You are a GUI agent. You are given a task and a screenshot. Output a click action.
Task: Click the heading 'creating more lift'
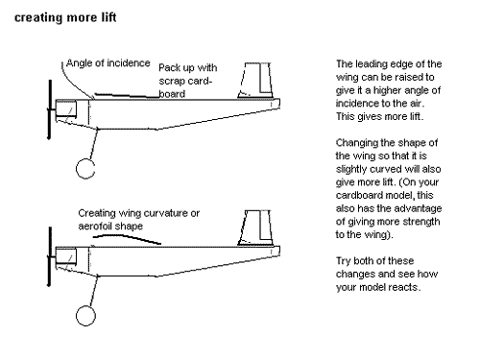pos(65,17)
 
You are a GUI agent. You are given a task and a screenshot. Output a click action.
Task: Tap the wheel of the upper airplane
pos(77,169)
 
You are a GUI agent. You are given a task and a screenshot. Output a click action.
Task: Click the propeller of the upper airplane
pos(50,109)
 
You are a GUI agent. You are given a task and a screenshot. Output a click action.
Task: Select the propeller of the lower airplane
pos(50,257)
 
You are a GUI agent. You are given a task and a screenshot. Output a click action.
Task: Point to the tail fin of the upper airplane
pos(255,80)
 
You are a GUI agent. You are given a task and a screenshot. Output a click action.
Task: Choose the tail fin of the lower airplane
pos(255,228)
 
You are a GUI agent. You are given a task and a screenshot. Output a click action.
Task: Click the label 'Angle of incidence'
pos(108,63)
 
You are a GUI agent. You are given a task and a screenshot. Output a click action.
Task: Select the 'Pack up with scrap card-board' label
pos(188,81)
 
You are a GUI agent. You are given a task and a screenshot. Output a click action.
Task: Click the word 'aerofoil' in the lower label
pos(96,226)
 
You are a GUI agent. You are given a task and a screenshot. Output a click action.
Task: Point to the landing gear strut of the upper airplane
pos(94,144)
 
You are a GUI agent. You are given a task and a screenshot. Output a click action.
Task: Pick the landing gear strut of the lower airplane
pos(94,292)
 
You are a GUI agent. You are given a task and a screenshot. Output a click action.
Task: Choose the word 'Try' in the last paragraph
pos(343,261)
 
